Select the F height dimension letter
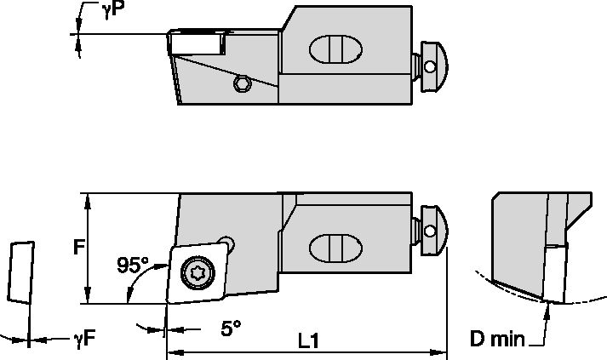[x=77, y=248]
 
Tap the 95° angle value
[x=133, y=264]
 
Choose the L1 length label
[x=308, y=339]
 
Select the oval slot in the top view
[x=333, y=49]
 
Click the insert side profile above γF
[x=20, y=271]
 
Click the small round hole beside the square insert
[x=226, y=243]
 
